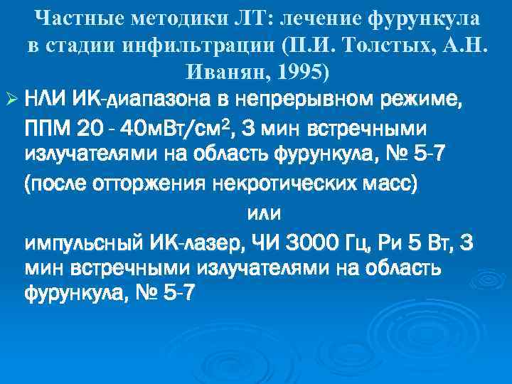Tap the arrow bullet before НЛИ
tap(11, 98)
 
